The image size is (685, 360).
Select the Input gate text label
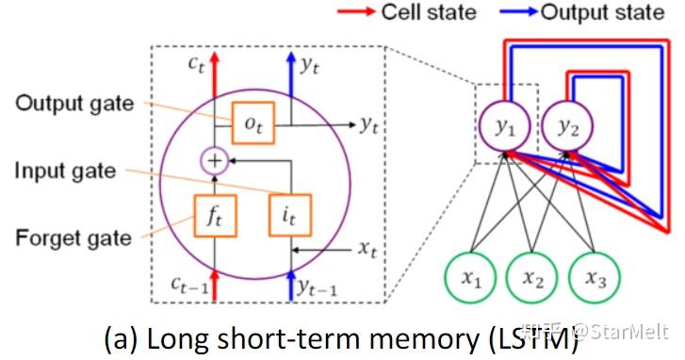click(66, 171)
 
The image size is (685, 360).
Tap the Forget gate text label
click(73, 237)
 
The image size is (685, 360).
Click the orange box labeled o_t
click(253, 123)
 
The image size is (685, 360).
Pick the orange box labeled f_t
click(216, 215)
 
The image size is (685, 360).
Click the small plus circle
click(216, 161)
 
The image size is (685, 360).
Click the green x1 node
click(472, 279)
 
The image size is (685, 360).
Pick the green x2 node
click(533, 279)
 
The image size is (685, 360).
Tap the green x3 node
click(595, 279)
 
